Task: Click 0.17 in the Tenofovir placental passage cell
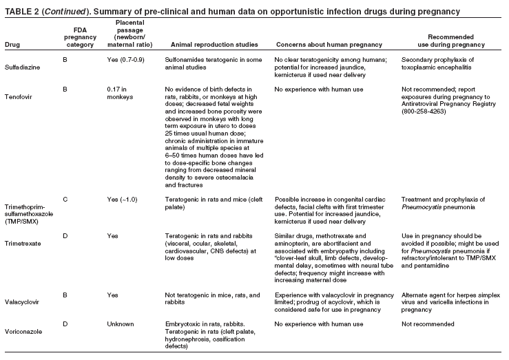pyautogui.click(x=114, y=90)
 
